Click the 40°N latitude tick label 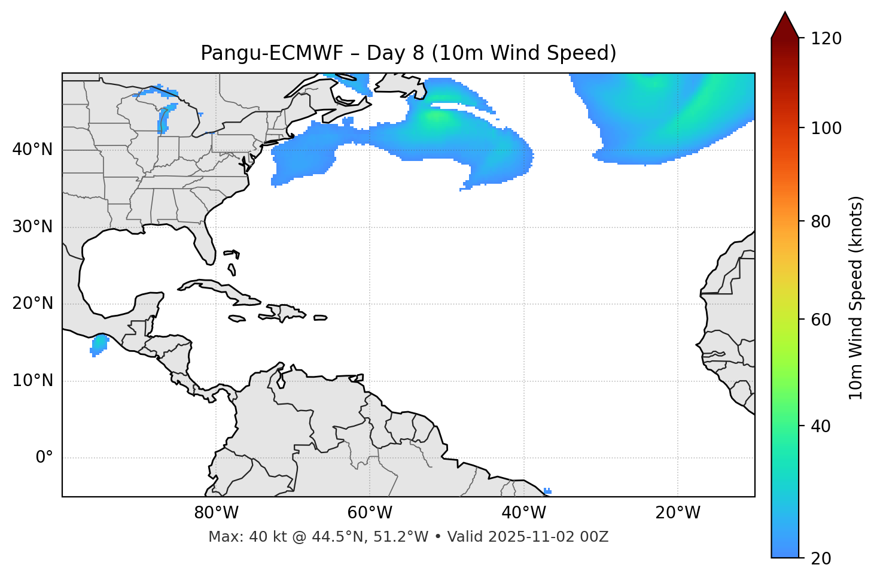tap(32, 150)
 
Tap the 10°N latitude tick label tap(32, 381)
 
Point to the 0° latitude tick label tap(44, 458)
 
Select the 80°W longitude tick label tap(216, 513)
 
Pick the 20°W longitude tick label tap(678, 513)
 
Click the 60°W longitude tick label tap(370, 513)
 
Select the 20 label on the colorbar tap(821, 558)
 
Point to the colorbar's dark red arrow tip tap(785, 18)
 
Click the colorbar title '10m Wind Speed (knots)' tap(856, 298)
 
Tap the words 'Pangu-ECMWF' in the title tap(272, 53)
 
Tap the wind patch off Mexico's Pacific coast tap(99, 344)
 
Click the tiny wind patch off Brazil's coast tap(547, 491)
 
